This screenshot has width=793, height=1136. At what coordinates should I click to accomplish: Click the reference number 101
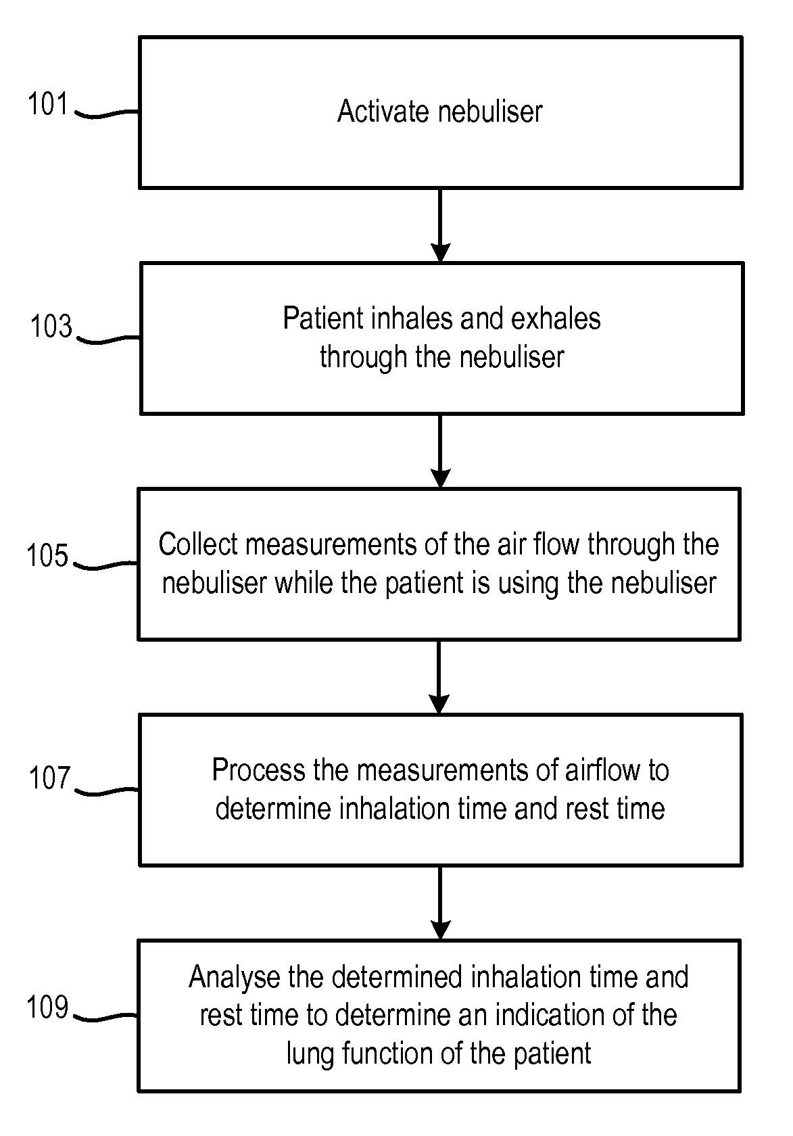tap(48, 104)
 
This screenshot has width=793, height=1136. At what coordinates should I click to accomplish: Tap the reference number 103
tap(51, 327)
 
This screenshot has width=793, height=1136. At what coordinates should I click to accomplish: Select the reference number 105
tap(48, 556)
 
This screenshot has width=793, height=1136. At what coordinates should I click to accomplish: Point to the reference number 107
tap(49, 778)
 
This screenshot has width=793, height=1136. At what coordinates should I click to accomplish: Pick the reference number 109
tap(48, 1008)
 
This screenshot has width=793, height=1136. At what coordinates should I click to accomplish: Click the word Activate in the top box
tap(379, 112)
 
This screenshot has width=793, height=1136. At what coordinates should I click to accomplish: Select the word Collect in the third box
tap(198, 544)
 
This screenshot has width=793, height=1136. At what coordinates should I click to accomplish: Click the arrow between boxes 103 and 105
tap(440, 451)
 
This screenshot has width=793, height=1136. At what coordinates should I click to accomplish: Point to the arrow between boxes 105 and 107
tap(439, 677)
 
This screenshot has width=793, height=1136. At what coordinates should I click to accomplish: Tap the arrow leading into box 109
tap(440, 903)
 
